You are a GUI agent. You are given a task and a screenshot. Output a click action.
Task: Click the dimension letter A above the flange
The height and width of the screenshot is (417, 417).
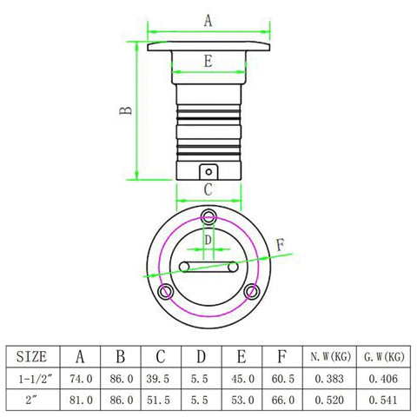click(208, 21)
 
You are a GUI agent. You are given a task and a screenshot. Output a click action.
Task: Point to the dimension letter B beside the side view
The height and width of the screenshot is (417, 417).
click(126, 110)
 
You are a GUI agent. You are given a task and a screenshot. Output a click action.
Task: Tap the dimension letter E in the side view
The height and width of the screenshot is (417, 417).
click(208, 62)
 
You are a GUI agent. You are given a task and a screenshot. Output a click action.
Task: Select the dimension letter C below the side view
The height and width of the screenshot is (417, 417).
click(208, 190)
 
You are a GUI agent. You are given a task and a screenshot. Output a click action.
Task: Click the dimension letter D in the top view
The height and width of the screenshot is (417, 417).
click(208, 240)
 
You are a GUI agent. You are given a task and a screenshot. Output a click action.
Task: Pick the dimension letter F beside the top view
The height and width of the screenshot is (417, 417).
click(280, 245)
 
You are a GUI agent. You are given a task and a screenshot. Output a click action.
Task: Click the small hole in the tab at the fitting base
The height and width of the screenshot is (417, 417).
click(208, 172)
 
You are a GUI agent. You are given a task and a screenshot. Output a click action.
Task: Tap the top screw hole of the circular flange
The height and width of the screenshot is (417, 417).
click(208, 216)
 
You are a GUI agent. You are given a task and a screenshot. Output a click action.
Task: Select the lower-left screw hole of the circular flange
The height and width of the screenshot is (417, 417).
click(165, 292)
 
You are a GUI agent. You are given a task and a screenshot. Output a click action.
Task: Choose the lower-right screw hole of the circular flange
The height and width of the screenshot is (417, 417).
click(251, 292)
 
